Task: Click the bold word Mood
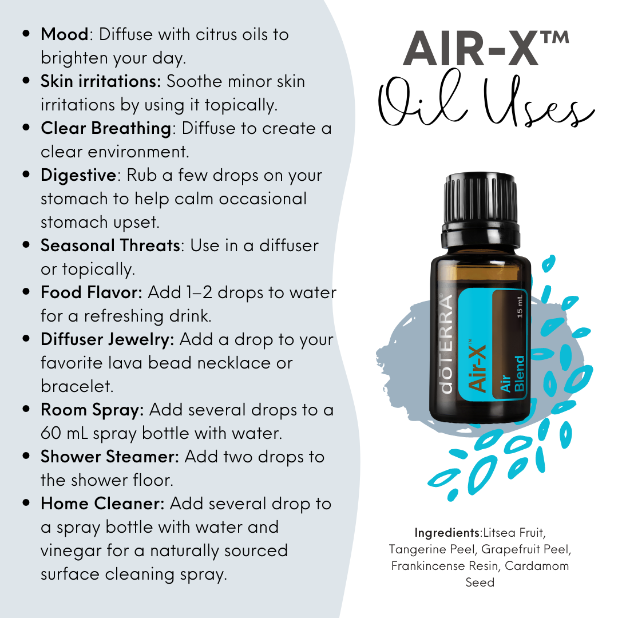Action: pos(64,34)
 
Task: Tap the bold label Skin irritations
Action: pos(101,81)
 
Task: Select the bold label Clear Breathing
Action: pos(105,128)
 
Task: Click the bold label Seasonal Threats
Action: pos(110,245)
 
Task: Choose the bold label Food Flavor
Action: pos(91,292)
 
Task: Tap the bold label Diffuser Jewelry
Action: pos(107,339)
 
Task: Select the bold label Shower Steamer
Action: pos(110,457)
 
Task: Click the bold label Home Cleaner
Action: pos(102,504)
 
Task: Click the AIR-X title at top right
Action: pos(486,49)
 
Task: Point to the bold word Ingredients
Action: pos(446,533)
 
